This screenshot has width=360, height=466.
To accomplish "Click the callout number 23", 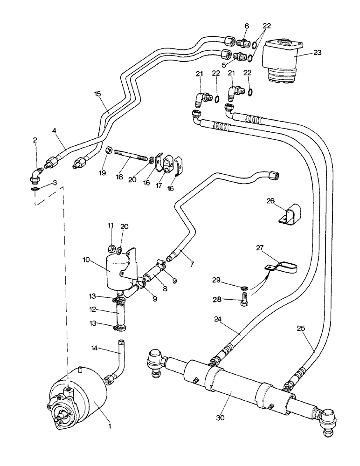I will [x=317, y=53].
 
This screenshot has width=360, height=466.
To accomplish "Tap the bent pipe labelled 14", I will [x=120, y=365].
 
